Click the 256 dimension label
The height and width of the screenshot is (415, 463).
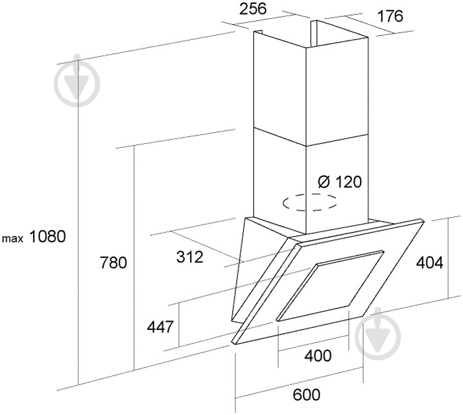(x=252, y=9)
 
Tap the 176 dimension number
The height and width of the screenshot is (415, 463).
(x=390, y=16)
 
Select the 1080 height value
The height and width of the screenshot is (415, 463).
(x=47, y=236)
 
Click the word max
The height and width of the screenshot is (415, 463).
(x=13, y=238)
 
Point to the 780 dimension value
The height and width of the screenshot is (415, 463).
(x=113, y=262)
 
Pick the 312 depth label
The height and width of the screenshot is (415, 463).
(x=190, y=257)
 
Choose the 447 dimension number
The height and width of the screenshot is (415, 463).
(x=160, y=327)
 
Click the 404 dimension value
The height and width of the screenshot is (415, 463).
(x=429, y=262)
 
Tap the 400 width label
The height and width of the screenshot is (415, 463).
(x=318, y=356)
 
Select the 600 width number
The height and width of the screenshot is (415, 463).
(x=307, y=395)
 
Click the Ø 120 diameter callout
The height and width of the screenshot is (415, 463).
(x=339, y=181)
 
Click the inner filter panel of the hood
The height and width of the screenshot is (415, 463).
(x=330, y=285)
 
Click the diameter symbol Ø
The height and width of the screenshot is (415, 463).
(x=324, y=181)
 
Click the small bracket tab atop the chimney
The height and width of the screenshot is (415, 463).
(x=259, y=31)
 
